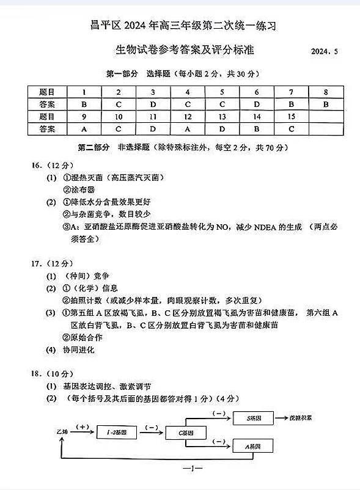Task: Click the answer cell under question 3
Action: point(153,104)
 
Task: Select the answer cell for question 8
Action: point(326,104)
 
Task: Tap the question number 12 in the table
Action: point(188,116)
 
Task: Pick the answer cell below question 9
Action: point(84,129)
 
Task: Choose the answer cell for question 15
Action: point(291,129)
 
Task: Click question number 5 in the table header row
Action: point(222,92)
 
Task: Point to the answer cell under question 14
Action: point(257,129)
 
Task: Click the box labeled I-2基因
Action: point(116,432)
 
